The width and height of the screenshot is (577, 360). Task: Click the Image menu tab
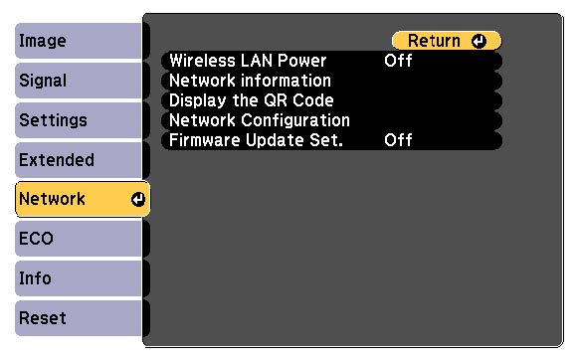tap(80, 42)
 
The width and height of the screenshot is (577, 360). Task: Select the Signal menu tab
tap(80, 82)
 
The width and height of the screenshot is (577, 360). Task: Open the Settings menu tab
tap(80, 121)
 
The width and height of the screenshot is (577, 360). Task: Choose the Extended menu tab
tap(80, 160)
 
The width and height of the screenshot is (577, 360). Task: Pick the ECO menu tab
tap(80, 239)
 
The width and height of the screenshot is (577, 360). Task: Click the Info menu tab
tap(80, 278)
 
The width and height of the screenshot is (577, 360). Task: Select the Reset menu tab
tap(80, 318)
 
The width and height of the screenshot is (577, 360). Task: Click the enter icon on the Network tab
tap(137, 199)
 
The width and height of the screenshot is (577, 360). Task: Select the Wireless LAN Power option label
tap(249, 61)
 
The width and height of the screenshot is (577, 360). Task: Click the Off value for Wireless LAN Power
tap(398, 61)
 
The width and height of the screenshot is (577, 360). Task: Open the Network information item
tap(251, 81)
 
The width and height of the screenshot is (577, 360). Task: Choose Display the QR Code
tap(252, 100)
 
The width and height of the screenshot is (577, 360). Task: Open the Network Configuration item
tap(260, 120)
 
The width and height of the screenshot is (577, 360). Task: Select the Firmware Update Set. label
tap(256, 140)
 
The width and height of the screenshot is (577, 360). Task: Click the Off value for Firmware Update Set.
tap(398, 140)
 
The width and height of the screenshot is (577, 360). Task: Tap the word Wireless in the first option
tap(202, 61)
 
